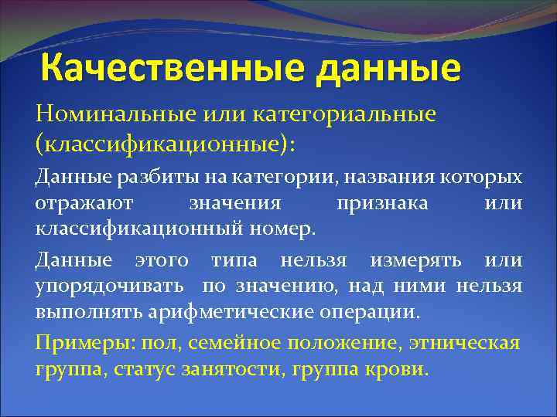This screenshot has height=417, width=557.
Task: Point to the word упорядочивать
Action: click(x=109, y=286)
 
